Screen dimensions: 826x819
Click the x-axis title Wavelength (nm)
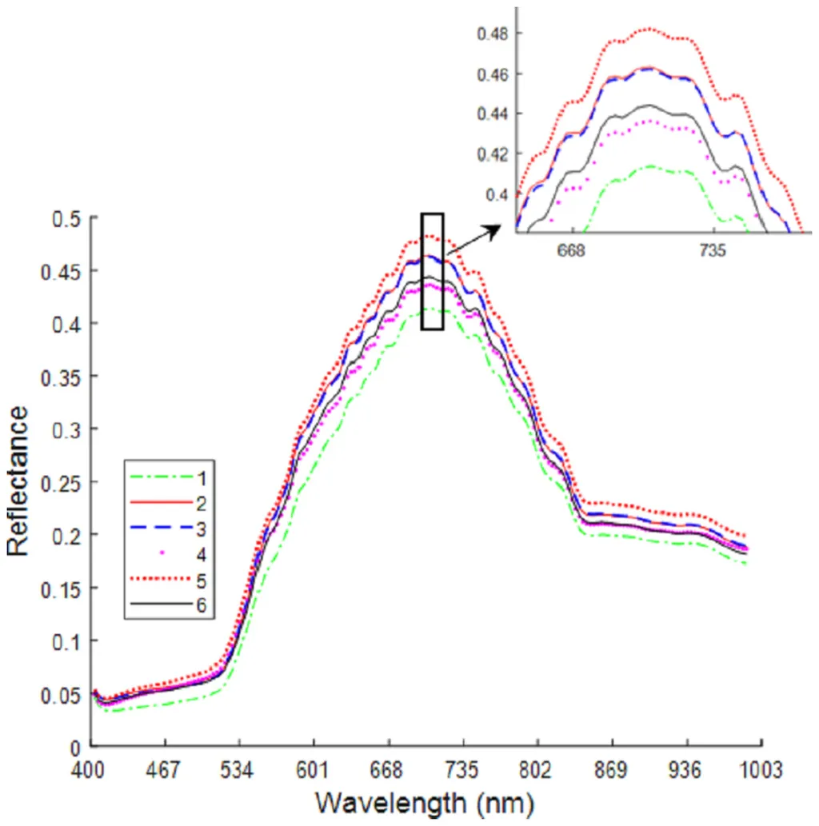tap(424, 801)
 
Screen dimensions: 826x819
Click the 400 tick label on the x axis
tap(90, 769)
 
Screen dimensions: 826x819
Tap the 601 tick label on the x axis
tap(313, 769)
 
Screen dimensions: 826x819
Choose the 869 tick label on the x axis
tap(610, 769)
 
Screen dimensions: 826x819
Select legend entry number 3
tap(200, 528)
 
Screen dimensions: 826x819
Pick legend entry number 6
tap(200, 605)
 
